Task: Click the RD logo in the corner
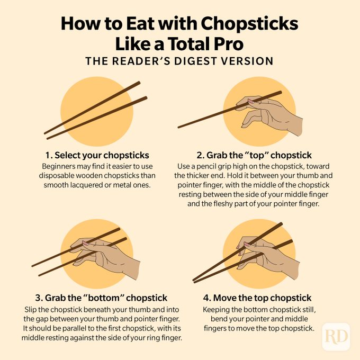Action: tap(336, 336)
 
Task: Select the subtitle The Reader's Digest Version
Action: tap(179, 61)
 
